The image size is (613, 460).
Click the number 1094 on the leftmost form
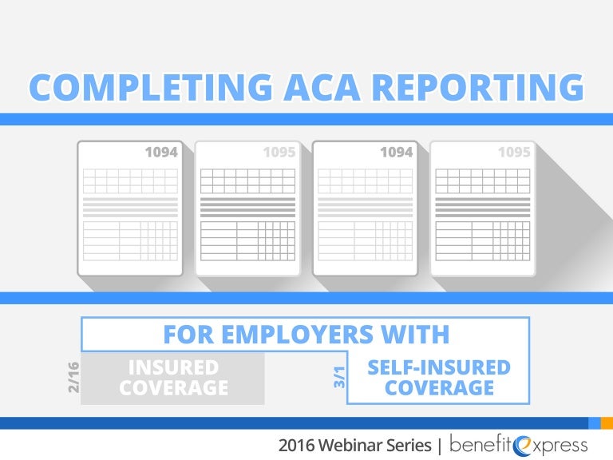161,152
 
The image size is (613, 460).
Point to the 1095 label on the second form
279,152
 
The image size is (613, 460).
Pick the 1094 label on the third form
396,152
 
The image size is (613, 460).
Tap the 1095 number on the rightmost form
514,152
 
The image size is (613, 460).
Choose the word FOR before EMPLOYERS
189,334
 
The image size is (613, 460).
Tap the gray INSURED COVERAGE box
173,378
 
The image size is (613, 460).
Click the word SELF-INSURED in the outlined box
438,368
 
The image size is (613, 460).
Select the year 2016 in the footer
299,445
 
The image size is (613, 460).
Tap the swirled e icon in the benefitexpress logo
524,444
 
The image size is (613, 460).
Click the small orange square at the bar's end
607,422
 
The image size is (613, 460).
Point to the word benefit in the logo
482,444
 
